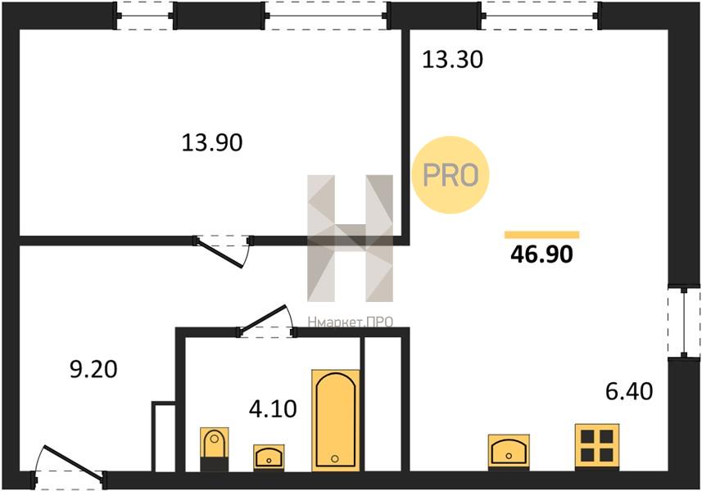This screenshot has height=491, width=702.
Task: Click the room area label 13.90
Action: [x=212, y=143]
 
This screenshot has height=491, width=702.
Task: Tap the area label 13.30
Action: [x=453, y=60]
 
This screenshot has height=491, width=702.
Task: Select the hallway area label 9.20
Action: [x=93, y=370]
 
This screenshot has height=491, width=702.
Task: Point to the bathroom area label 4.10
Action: [x=273, y=408]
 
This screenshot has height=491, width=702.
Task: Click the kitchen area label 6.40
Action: [x=629, y=391]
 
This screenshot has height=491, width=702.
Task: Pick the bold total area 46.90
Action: [x=541, y=255]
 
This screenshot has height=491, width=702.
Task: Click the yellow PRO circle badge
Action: [x=451, y=175]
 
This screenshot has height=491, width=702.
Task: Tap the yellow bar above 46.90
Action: [x=541, y=235]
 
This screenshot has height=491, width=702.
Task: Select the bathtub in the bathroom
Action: [x=336, y=421]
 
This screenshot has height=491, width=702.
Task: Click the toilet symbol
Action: [x=214, y=448]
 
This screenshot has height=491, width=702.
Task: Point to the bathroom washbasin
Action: [x=269, y=457]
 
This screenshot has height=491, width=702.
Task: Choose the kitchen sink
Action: [x=509, y=451]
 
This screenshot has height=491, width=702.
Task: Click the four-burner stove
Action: [x=597, y=446]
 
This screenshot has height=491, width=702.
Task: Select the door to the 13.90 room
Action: [x=224, y=250]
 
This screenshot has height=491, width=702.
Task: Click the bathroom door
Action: [x=266, y=321]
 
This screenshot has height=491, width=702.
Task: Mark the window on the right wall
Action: [x=684, y=322]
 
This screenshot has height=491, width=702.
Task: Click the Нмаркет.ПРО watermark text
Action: [x=350, y=322]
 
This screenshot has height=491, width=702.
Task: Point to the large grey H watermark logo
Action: [x=350, y=238]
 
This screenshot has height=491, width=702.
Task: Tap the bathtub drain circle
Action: [x=335, y=459]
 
